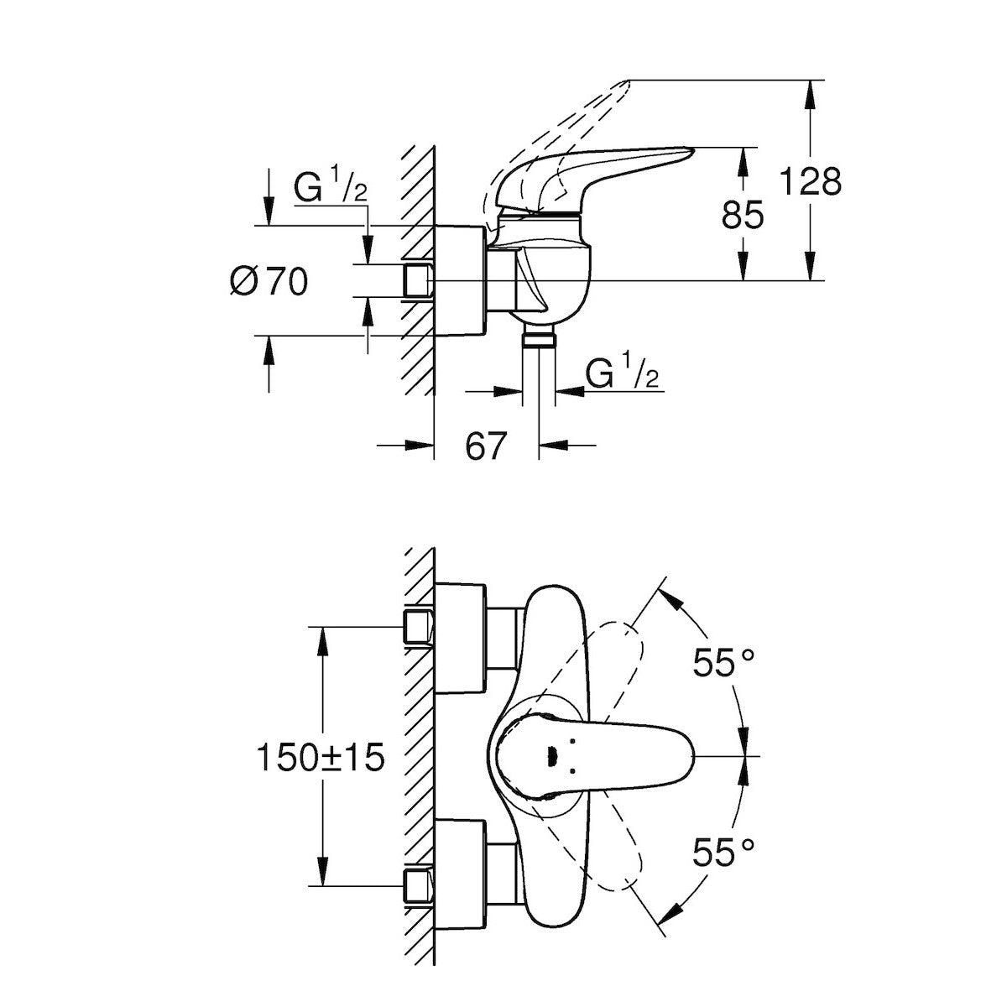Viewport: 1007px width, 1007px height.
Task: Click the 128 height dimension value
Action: point(810,180)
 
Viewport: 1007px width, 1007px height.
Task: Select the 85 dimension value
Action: point(743,216)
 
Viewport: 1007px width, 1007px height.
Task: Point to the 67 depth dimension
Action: point(487,446)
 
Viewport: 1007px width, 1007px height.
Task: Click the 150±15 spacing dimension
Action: point(321,758)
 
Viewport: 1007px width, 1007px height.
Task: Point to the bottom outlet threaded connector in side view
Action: point(539,339)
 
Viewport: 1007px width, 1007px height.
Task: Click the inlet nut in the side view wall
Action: point(417,280)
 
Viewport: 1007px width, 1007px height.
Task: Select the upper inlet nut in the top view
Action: point(417,627)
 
